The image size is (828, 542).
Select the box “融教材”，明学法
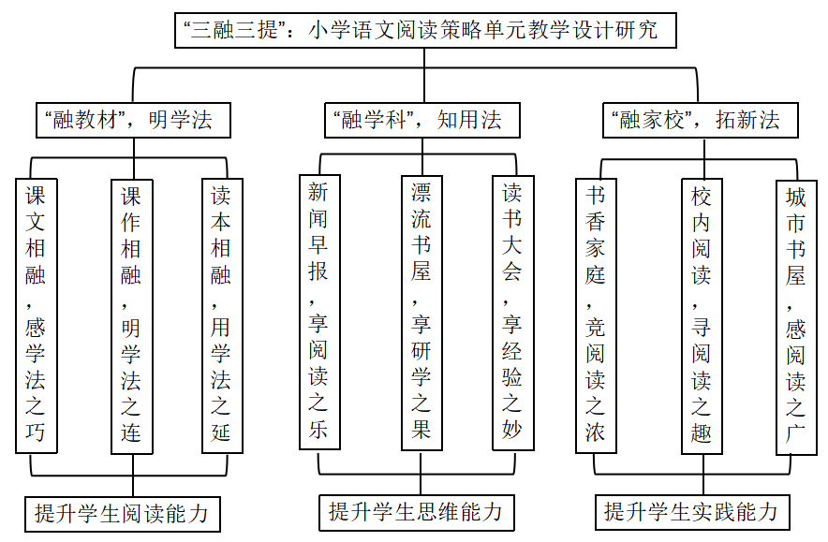click(x=128, y=120)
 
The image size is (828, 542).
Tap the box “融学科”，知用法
click(x=418, y=120)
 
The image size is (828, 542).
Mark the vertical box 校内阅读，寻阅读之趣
click(x=701, y=315)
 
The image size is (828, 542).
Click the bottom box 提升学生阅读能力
click(x=121, y=514)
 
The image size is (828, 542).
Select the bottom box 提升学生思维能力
click(x=415, y=512)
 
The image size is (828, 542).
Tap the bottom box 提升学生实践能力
click(x=691, y=512)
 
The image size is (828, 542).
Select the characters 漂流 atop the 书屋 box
click(x=421, y=207)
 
